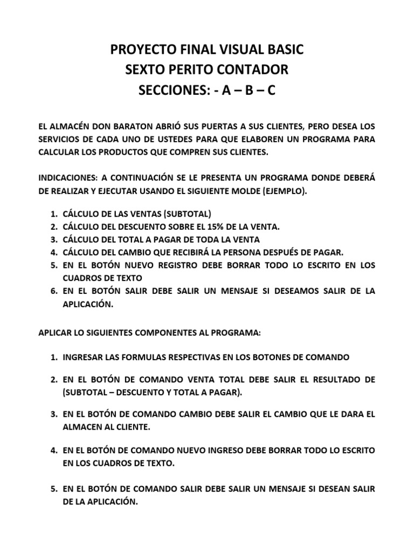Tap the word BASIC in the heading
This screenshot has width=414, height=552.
(284, 50)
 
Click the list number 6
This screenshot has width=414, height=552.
(54, 291)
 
